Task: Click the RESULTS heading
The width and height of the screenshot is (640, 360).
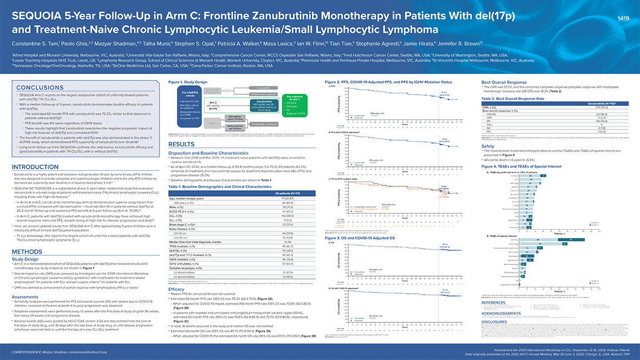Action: (183, 145)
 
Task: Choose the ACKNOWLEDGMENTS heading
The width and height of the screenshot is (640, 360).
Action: (505, 314)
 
